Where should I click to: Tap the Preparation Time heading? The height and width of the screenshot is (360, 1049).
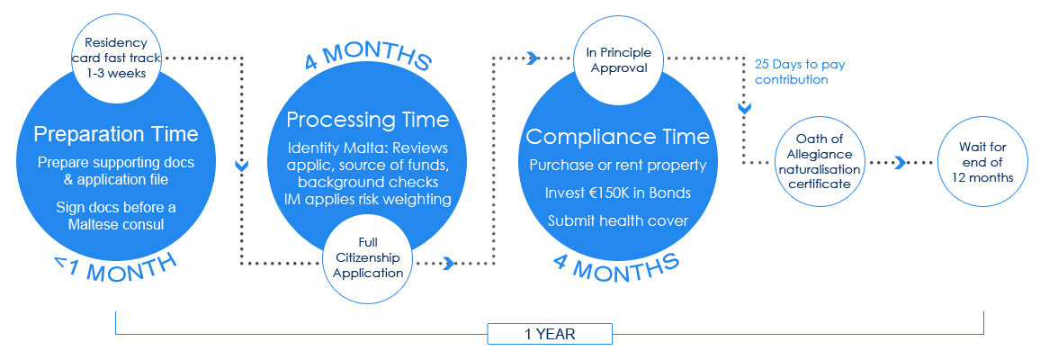(x=116, y=134)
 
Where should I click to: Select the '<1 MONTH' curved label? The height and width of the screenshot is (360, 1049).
(x=115, y=266)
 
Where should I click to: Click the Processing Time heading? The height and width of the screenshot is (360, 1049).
(x=367, y=120)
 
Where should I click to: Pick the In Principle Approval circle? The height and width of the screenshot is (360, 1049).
(x=619, y=60)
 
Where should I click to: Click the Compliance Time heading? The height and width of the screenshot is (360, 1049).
(x=617, y=137)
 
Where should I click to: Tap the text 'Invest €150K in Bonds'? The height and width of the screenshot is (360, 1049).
(x=617, y=193)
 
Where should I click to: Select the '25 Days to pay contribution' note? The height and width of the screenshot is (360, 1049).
(x=800, y=72)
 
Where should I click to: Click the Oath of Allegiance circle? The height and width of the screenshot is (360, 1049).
(x=820, y=163)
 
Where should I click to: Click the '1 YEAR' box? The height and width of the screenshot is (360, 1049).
(x=550, y=333)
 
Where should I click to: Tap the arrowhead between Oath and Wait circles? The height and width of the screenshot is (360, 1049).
(x=901, y=163)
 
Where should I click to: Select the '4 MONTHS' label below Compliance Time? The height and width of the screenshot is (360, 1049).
(x=616, y=266)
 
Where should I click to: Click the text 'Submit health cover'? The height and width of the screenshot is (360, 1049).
(x=617, y=220)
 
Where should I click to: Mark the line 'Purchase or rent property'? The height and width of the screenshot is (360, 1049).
(x=617, y=165)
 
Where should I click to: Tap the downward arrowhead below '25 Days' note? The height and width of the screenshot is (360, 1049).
(x=744, y=107)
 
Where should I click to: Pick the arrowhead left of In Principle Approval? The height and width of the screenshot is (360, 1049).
(x=533, y=58)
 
